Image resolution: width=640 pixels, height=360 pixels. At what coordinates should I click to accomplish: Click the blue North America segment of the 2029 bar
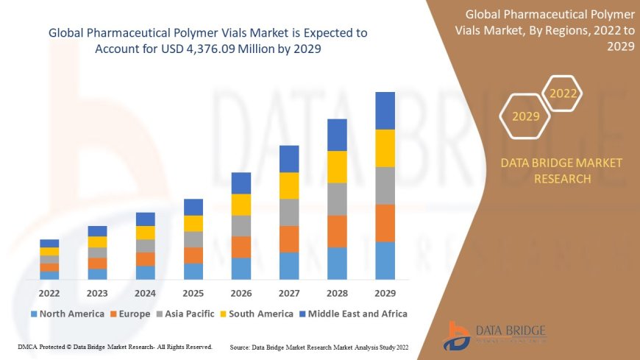(385, 261)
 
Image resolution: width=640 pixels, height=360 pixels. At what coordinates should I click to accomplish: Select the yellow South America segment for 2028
(337, 167)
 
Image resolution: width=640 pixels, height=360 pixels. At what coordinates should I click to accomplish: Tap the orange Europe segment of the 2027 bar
(289, 239)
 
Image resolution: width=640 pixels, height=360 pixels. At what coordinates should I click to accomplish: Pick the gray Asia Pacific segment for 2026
(241, 226)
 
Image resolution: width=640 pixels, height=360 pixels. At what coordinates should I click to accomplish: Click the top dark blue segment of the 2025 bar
(193, 207)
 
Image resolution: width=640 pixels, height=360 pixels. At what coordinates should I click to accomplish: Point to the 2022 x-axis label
(49, 294)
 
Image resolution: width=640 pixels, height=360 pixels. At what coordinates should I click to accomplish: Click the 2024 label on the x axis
(145, 294)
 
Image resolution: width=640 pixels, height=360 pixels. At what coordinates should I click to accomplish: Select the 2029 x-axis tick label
(385, 294)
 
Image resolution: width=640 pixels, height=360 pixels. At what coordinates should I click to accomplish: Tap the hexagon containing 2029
(525, 116)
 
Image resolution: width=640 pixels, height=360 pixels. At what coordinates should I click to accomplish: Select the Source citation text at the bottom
(319, 346)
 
